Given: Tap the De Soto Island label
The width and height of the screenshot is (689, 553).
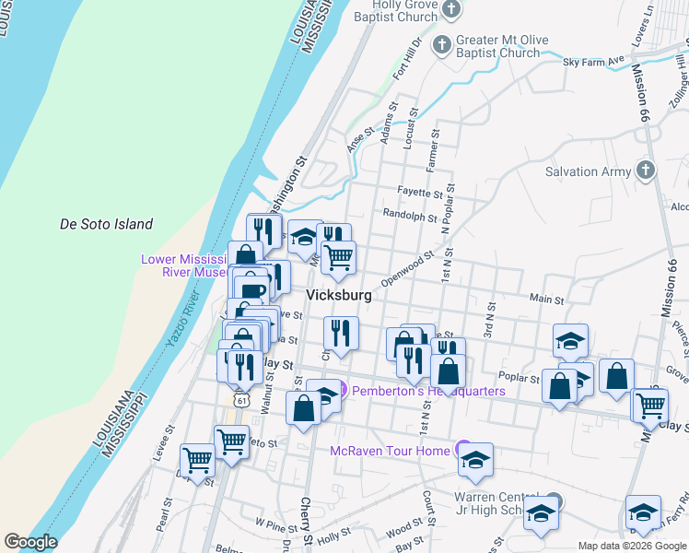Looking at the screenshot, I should [106, 224].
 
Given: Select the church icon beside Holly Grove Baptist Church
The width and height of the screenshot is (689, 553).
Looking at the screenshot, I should [451, 10].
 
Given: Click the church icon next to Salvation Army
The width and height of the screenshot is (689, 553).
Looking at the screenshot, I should [645, 171].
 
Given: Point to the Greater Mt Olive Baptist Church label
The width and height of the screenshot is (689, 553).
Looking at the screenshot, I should [498, 47].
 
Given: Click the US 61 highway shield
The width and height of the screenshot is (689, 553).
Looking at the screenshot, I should [240, 400].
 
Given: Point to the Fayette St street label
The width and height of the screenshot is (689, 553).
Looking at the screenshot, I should [420, 194].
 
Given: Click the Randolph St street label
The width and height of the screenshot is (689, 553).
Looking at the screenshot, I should [410, 218].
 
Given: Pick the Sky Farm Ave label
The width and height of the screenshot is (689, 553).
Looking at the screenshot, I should [593, 60].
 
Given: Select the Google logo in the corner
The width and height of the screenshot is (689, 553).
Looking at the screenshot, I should [30, 541].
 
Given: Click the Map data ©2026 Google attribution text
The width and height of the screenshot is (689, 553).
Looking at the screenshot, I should [631, 545].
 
